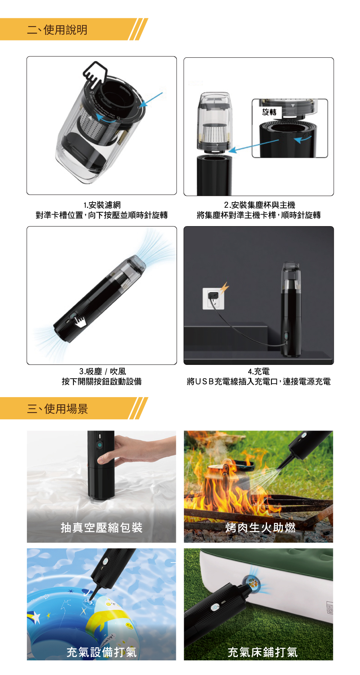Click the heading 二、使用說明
(57, 30)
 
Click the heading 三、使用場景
(57, 409)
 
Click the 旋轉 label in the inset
(269, 112)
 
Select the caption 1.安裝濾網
(102, 205)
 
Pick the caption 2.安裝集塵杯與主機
(259, 205)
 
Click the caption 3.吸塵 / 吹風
(102, 371)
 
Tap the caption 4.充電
(259, 371)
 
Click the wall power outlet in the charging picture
(213, 298)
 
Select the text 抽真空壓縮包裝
(102, 528)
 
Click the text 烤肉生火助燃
(260, 528)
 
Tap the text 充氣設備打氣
(102, 652)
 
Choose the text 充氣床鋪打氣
(262, 652)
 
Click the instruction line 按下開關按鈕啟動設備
(102, 381)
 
